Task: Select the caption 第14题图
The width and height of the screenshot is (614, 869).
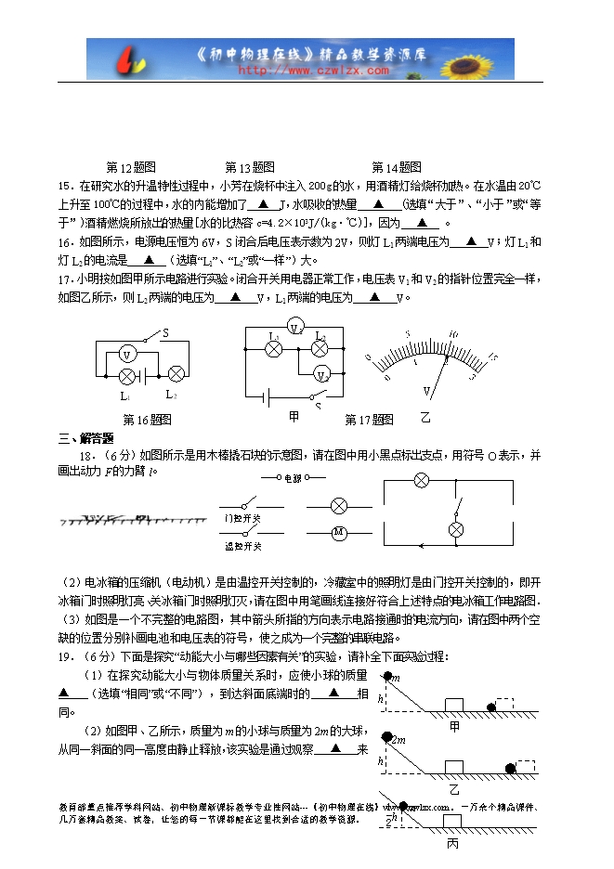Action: pos(396,168)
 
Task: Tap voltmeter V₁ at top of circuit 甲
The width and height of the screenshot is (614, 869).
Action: pos(295,328)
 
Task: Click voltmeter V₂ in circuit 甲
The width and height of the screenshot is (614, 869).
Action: pos(321,375)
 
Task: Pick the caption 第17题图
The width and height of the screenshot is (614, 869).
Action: pos(369,420)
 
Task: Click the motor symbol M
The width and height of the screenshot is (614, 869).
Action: pos(339,533)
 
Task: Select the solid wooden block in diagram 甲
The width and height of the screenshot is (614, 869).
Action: pos(454,704)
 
